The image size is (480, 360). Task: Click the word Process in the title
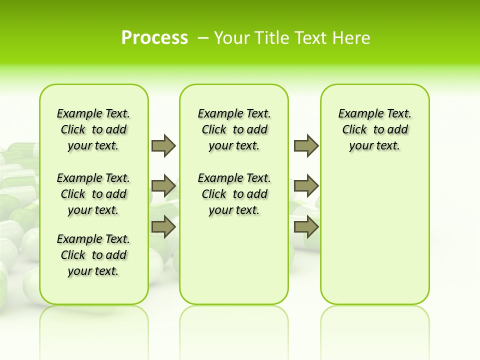[154, 37]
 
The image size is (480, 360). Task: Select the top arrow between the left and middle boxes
[163, 145]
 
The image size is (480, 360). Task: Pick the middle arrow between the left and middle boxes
[163, 186]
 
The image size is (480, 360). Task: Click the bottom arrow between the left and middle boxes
[163, 227]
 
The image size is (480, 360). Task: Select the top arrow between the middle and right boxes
[306, 145]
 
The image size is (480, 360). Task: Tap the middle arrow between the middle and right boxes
[306, 186]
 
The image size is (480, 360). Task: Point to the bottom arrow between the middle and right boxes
[306, 227]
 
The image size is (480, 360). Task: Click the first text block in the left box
[93, 129]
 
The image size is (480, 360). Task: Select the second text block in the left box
[93, 194]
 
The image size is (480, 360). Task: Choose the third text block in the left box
[93, 255]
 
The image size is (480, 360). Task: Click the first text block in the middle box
[234, 129]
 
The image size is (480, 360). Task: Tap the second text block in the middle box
[234, 194]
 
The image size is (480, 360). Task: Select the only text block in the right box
[375, 129]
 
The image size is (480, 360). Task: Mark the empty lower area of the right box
[375, 235]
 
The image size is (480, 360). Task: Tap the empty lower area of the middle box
[234, 260]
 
